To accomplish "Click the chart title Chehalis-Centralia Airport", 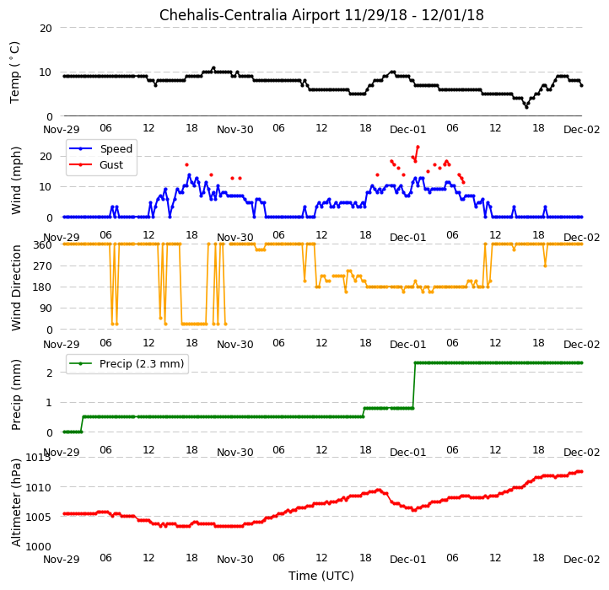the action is point(250,15).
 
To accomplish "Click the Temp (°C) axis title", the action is point(14,72).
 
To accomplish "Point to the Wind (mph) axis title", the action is point(15,180).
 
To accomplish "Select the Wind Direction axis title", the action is point(15,287).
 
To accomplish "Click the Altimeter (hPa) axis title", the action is point(15,502).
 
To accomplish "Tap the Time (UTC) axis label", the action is point(321,576).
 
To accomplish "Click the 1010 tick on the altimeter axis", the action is point(39,487).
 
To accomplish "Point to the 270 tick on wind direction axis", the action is point(44,266).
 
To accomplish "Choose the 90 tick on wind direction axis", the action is point(46,308).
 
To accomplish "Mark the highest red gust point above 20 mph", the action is point(418,147).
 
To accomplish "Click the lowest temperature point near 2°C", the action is point(526,107).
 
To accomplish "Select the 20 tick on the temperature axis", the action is point(46,29).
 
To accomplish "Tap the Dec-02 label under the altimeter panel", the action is point(581,560).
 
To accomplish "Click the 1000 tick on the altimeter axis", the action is point(39,547).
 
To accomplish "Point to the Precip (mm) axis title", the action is point(15,394).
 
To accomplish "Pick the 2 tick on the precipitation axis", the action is point(49,373).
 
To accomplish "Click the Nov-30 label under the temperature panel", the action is point(235,130).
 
